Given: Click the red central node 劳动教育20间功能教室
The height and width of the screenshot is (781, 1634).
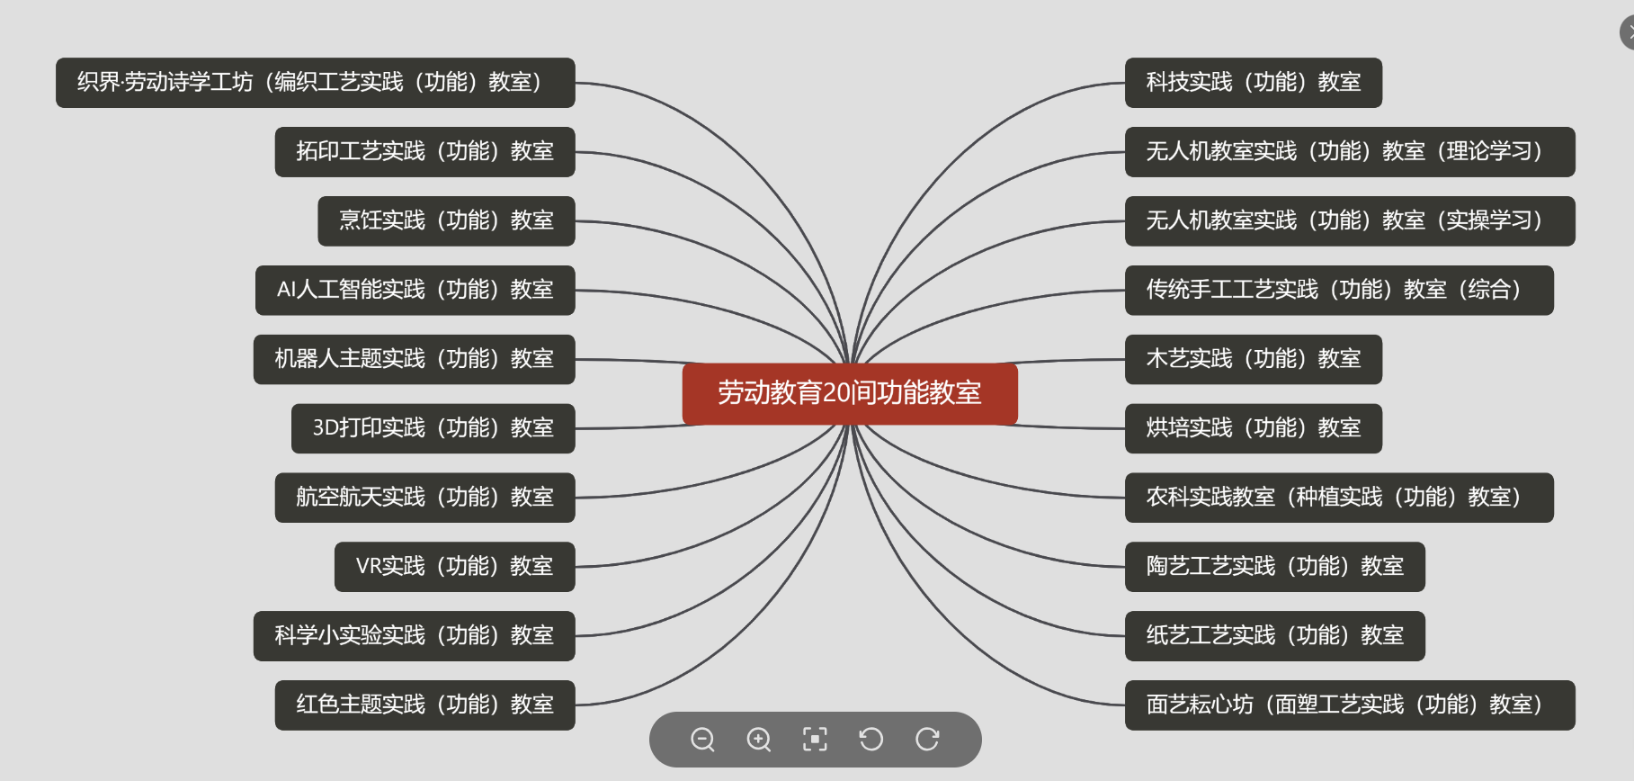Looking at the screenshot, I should click(850, 393).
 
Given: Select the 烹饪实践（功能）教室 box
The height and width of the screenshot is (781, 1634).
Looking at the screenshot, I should click(446, 220).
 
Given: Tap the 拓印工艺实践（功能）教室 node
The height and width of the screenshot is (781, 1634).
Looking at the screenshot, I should click(424, 151).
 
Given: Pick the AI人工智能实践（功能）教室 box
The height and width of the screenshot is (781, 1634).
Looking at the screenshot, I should click(415, 290).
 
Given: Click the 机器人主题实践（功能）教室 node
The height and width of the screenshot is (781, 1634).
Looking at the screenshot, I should click(414, 359).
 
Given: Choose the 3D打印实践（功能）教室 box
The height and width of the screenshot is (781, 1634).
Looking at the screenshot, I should click(433, 428).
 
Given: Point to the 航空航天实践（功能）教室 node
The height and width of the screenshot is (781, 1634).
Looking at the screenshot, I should click(424, 498).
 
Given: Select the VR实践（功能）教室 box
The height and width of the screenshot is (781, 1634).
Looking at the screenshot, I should click(454, 567).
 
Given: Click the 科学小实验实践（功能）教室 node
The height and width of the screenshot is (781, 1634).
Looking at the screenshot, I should click(414, 636).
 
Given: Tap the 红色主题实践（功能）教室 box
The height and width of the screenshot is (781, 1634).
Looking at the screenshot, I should click(424, 705).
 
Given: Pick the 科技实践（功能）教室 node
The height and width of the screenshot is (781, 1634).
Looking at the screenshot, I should click(1253, 83).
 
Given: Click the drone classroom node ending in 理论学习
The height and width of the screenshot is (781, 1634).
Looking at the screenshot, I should click(1349, 151).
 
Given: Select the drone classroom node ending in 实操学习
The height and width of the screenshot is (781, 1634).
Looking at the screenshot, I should click(1349, 220).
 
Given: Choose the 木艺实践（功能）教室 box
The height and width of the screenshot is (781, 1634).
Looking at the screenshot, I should click(1253, 359).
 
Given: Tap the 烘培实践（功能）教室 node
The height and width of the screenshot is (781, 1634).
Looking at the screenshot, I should click(1253, 428).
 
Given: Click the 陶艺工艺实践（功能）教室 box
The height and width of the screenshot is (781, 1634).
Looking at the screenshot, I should click(1274, 567).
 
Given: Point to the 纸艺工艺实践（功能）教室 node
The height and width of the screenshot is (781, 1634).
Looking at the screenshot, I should click(1274, 636).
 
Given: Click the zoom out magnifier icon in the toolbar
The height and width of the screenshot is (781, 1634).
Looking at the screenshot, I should click(702, 740).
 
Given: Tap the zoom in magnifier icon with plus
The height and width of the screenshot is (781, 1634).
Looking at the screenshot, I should click(759, 740).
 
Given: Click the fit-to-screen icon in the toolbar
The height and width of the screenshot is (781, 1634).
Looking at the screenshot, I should click(815, 740).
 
